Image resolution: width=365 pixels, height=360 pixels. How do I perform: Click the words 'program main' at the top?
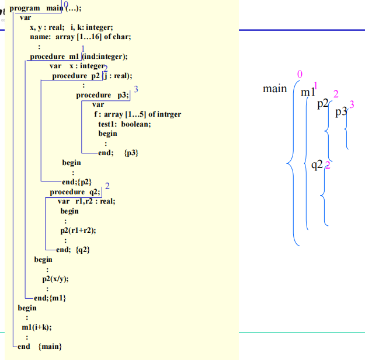(x=33, y=8)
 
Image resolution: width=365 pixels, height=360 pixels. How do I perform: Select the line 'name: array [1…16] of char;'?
(x=80, y=37)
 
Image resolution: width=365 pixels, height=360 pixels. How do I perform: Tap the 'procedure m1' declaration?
(x=55, y=57)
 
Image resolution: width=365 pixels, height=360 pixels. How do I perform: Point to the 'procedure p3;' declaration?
(x=102, y=95)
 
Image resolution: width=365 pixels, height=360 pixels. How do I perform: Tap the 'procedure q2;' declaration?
(x=75, y=192)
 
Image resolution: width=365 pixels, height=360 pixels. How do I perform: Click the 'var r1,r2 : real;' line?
(x=86, y=201)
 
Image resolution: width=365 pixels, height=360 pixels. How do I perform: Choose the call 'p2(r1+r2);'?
(x=78, y=230)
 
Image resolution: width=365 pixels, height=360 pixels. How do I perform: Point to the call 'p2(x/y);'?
(x=55, y=279)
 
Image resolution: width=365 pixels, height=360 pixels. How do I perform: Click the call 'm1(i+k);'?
(x=36, y=327)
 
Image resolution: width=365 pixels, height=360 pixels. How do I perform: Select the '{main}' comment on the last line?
(x=50, y=347)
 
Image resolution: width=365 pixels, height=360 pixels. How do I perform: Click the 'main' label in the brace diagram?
(x=274, y=89)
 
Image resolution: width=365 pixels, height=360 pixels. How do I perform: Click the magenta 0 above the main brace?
(x=300, y=74)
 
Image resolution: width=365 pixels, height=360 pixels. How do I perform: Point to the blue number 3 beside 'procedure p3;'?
(x=135, y=89)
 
